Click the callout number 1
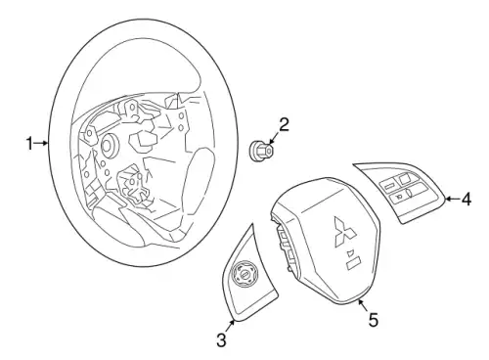pos(29,144)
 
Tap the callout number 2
pos(284,124)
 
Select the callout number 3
pos(221,340)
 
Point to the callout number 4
pos(467,199)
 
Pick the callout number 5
pos(374,320)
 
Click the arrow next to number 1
pos(42,143)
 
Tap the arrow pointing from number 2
pos(274,138)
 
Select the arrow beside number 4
pos(453,199)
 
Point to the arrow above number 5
pos(362,305)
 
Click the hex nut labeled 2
pos(261,152)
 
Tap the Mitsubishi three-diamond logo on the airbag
pos(344,231)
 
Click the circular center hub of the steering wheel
pos(108,146)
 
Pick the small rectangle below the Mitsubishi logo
pos(354,263)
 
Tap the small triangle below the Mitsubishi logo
pos(350,252)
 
